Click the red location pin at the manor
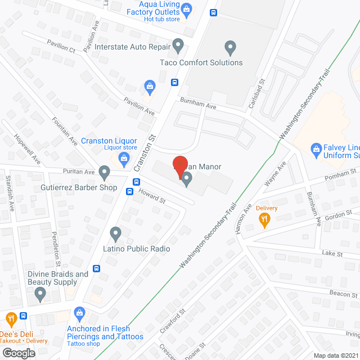179,165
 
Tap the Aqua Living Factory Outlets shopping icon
187,8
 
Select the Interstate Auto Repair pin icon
178,44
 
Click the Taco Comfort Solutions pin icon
229,47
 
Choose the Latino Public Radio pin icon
115,232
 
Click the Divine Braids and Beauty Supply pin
40,292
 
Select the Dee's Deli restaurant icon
11,319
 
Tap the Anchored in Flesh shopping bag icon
79,312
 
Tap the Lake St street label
332,254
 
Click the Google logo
19,353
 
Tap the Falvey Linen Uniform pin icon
316,149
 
